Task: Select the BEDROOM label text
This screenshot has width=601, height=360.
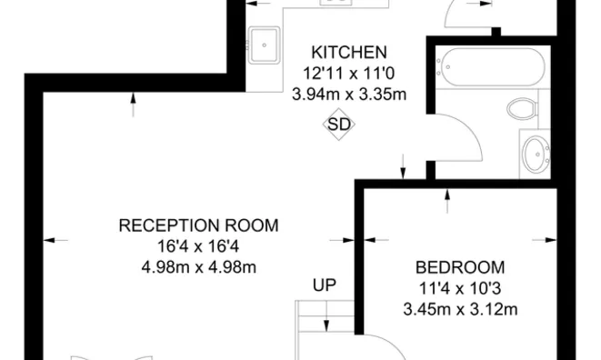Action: tap(459, 267)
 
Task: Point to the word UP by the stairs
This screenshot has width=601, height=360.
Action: tap(324, 285)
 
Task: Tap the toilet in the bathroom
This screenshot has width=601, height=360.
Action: tap(521, 110)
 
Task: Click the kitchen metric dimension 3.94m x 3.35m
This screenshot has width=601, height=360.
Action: tap(349, 93)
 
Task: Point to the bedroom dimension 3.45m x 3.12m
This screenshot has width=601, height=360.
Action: tap(459, 309)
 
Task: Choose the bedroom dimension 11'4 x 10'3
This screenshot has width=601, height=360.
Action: tap(459, 288)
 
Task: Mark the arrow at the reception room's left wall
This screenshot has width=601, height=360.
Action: tap(55, 240)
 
